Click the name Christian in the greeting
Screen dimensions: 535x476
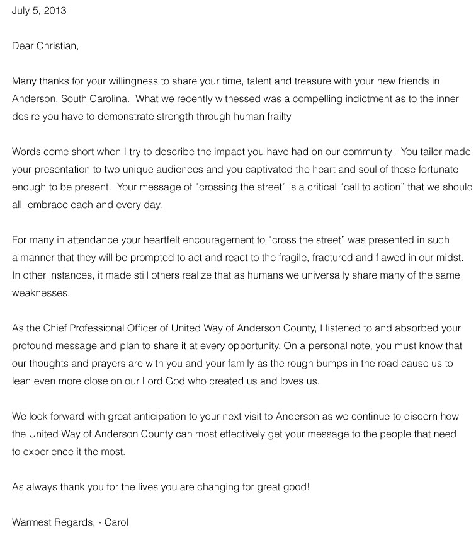pos(57,45)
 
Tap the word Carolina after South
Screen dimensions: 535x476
pos(111,99)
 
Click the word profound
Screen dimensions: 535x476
pos(31,346)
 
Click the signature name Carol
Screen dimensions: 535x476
pos(116,522)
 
